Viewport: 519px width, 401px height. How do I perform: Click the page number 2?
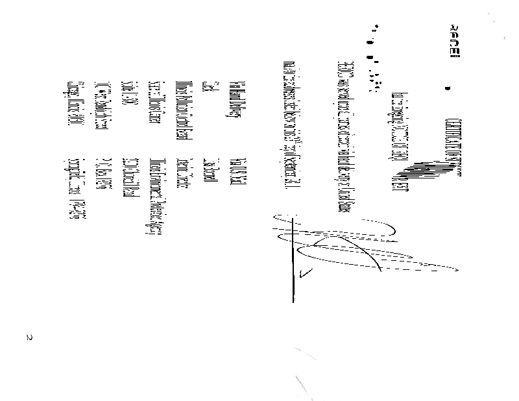point(29,337)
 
